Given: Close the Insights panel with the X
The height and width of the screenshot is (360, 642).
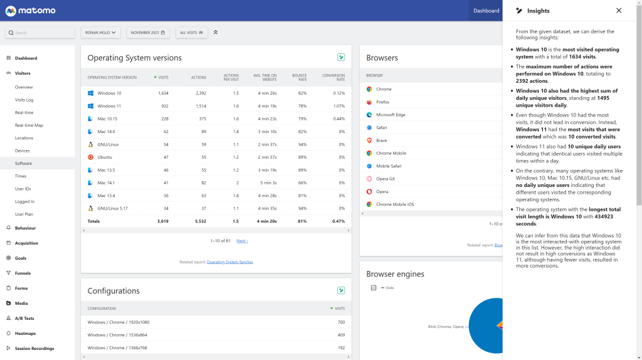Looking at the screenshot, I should (x=619, y=11).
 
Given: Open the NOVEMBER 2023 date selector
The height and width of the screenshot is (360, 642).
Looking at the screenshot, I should (x=147, y=33).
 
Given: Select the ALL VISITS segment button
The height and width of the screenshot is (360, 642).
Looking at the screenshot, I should (x=191, y=33).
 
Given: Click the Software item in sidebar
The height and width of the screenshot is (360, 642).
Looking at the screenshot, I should (x=23, y=163).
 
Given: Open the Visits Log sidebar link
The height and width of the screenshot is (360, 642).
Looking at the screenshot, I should (x=24, y=100).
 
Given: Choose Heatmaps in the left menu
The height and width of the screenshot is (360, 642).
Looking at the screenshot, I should (x=26, y=333).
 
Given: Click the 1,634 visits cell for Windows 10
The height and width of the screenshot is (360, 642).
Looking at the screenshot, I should (x=163, y=93).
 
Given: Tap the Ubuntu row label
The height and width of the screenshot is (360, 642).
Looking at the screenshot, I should (x=105, y=157).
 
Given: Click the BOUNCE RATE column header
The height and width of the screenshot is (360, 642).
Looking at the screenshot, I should (x=299, y=77).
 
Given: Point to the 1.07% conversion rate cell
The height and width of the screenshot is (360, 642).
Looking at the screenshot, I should (x=339, y=106).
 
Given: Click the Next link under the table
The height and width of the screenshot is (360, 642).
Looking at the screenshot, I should (x=242, y=241).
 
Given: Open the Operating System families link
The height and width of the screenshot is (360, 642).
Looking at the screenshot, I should (x=229, y=262).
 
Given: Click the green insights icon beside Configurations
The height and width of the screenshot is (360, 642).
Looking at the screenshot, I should (x=341, y=290).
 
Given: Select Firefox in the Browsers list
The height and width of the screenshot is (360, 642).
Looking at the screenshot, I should (x=382, y=102).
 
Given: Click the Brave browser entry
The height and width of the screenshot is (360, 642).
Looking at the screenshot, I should (x=381, y=140).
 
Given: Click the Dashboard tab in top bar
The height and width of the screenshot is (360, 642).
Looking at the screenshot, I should (x=486, y=11).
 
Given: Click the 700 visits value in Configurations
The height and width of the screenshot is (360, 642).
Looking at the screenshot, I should (x=341, y=322).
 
